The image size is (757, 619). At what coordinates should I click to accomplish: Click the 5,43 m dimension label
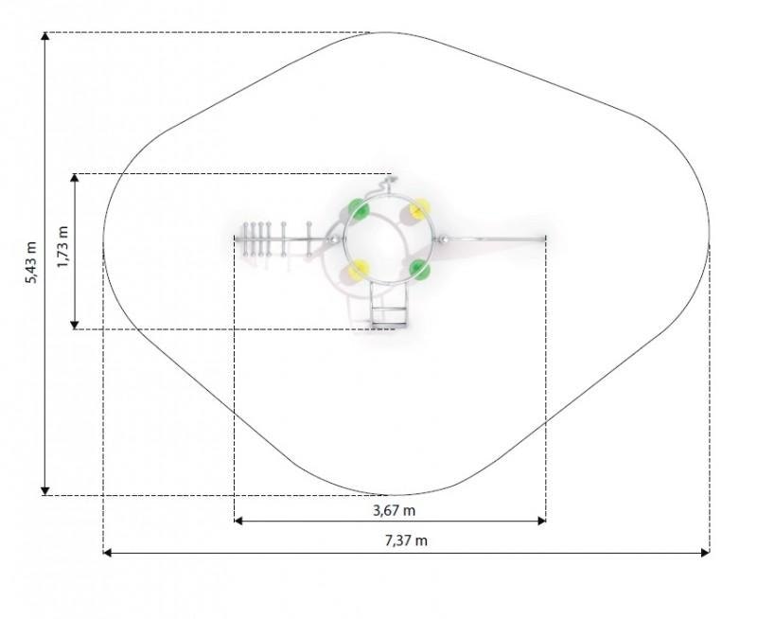30,262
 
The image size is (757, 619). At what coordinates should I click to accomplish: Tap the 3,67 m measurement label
394,510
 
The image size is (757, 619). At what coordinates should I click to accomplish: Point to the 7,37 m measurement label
406,540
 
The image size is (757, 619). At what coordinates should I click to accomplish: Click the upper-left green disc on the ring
359,209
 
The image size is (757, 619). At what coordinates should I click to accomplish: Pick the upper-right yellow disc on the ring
419,208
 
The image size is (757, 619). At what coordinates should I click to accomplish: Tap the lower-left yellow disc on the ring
359,270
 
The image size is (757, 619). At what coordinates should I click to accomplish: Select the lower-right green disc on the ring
419,270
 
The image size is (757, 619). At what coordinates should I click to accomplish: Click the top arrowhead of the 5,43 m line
44,36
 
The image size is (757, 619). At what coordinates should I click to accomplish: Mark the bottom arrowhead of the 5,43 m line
44,491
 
